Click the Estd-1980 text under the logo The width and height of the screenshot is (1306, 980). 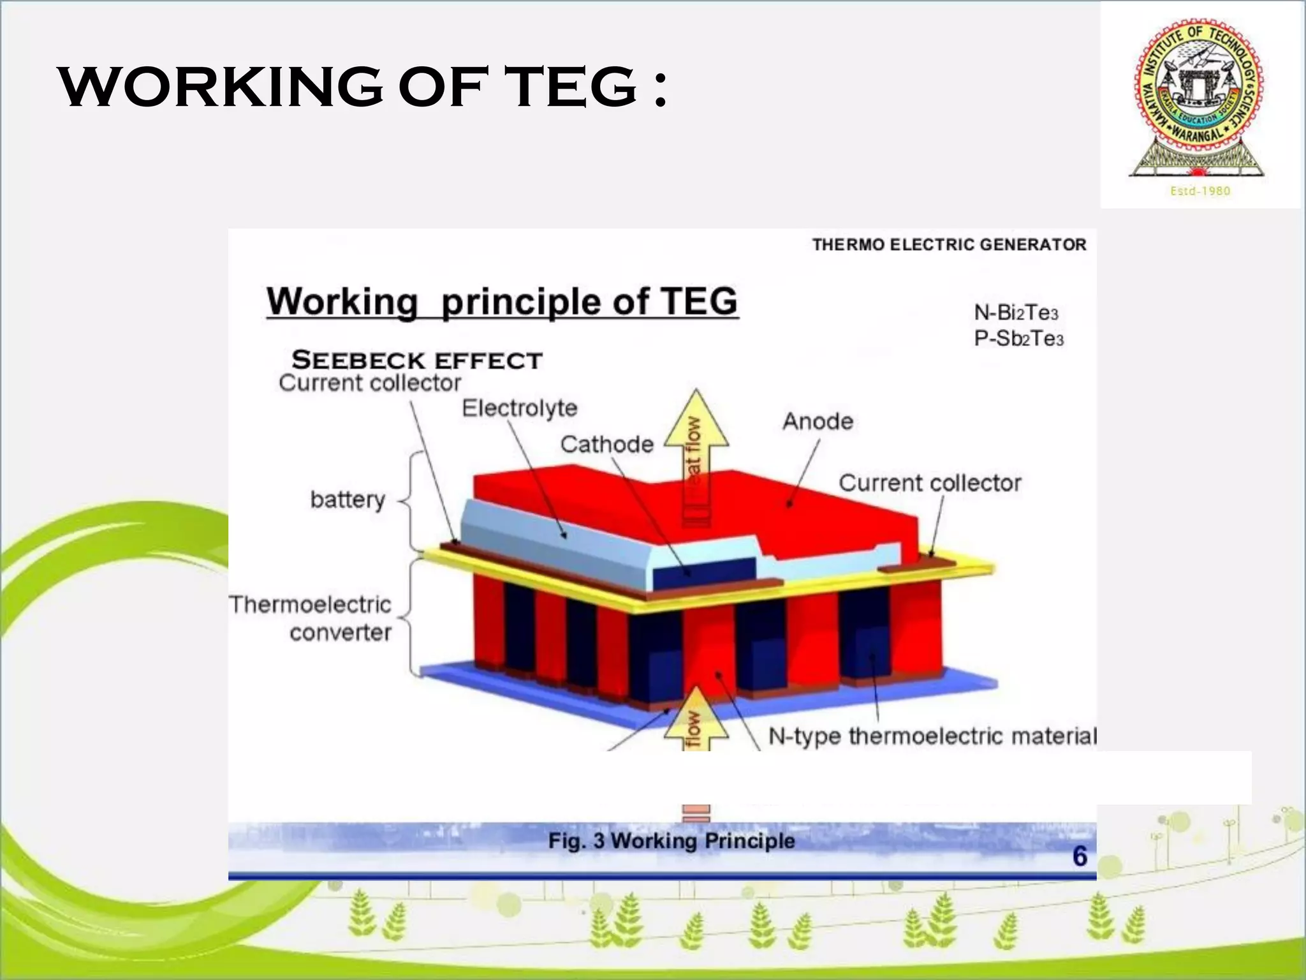1200,191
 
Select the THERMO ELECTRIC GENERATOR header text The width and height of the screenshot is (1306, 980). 949,244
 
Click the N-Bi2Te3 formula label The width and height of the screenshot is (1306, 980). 1016,313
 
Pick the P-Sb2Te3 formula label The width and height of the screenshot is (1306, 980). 1018,338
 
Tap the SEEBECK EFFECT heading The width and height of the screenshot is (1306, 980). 417,360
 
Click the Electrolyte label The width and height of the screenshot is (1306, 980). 519,408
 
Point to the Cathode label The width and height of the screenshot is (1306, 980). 606,444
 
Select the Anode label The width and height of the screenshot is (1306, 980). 818,421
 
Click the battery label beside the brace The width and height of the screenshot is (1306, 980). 348,499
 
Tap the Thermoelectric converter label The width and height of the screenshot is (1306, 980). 311,618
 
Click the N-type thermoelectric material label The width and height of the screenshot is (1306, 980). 932,736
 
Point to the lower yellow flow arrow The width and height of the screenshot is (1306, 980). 696,721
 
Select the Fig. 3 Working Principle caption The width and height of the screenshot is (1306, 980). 671,840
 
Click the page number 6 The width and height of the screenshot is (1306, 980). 1080,856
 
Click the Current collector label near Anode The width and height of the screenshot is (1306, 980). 929,483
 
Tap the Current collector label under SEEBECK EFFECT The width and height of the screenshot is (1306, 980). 370,383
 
